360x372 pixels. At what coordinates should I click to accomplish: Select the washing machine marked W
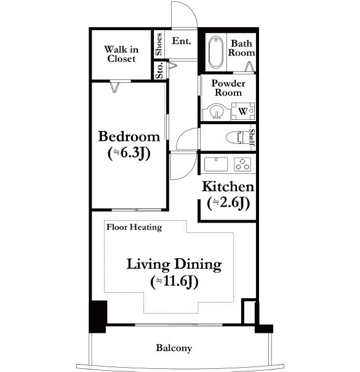(243, 111)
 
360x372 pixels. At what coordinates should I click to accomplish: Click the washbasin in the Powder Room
(217, 112)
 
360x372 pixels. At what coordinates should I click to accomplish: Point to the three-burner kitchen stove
(242, 164)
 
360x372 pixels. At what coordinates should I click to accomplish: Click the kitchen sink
(216, 164)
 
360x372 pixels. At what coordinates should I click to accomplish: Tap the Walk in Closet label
(121, 54)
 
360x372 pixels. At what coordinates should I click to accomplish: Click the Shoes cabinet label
(158, 44)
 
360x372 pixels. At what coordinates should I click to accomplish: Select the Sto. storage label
(159, 70)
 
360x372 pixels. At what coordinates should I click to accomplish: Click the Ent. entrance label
(182, 41)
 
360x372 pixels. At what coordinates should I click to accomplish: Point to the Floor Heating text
(134, 227)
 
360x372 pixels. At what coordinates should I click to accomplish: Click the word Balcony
(174, 348)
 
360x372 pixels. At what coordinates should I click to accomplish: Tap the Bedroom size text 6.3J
(129, 153)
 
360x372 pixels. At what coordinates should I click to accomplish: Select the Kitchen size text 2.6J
(228, 203)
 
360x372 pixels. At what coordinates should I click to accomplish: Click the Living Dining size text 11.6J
(174, 282)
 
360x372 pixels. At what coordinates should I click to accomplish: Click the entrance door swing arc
(191, 9)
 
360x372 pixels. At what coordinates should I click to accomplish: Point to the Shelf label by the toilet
(252, 137)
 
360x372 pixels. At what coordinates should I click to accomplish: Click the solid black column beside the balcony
(98, 317)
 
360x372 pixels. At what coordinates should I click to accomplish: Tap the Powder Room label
(228, 88)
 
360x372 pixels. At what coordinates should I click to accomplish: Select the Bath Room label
(241, 48)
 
